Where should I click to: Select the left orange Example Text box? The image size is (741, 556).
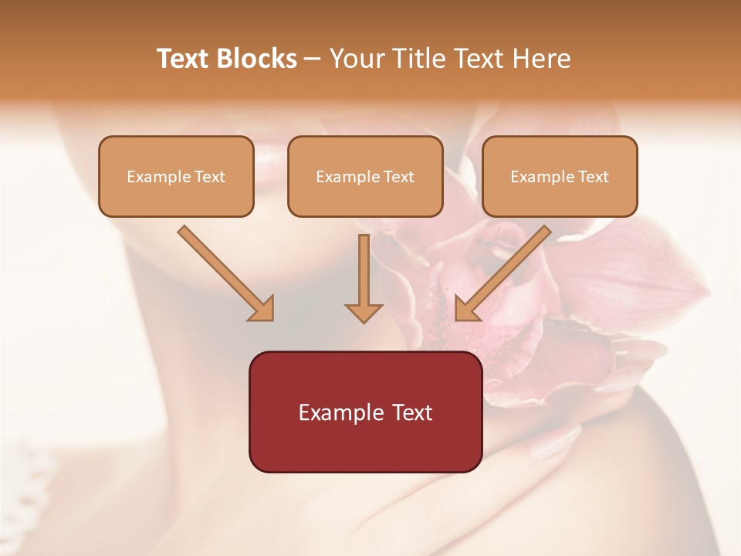click(x=176, y=176)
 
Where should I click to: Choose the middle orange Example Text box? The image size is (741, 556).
click(x=365, y=176)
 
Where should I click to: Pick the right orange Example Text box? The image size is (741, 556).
click(x=560, y=176)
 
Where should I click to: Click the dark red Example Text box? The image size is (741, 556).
click(x=365, y=412)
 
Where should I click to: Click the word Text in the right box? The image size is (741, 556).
click(x=593, y=177)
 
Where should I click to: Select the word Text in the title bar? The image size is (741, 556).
click(x=183, y=59)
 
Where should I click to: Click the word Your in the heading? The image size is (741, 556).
click(x=358, y=59)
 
